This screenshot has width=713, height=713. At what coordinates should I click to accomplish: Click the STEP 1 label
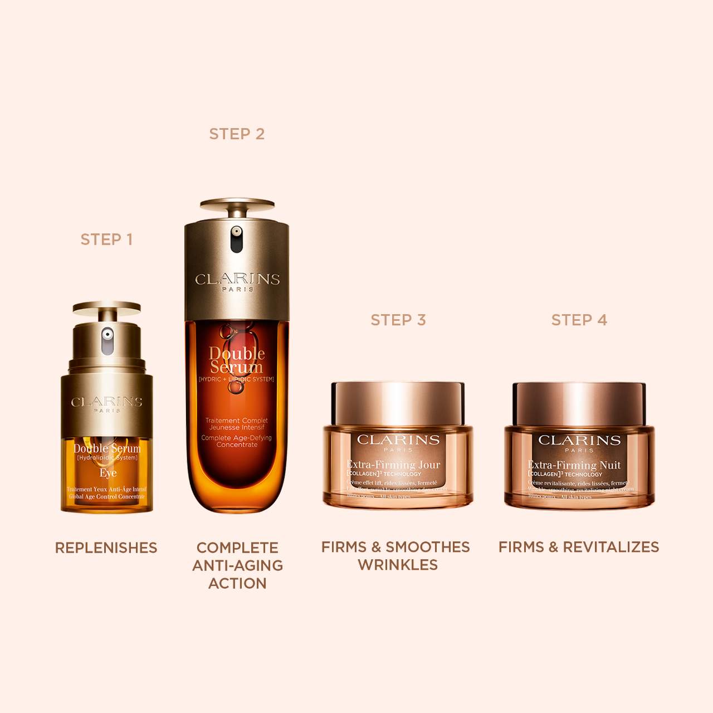coord(106,240)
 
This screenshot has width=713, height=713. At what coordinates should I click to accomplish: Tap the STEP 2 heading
coord(237,134)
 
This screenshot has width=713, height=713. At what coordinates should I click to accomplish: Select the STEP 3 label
coord(398,320)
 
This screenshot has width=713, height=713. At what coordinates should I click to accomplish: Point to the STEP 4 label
coord(579,320)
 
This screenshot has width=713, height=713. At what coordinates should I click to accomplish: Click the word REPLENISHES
coord(106,548)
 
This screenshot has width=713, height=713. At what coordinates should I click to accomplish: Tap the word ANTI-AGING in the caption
coord(237,565)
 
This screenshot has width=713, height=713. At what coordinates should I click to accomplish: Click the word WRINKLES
coord(397,565)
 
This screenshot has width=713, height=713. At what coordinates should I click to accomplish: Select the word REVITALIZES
coord(611,547)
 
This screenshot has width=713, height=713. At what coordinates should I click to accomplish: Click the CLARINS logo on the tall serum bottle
coord(237,279)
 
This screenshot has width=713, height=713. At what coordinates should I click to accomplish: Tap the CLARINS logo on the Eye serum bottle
coord(106,402)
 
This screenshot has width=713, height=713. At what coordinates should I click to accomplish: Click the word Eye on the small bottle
coord(108,473)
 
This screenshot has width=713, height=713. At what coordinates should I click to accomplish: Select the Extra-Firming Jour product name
coord(393,465)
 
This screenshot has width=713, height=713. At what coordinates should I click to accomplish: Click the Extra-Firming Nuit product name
coord(574,465)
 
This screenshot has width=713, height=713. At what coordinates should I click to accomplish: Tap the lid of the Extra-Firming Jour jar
coord(398,402)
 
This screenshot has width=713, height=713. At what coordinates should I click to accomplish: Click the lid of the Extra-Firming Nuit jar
coord(579,403)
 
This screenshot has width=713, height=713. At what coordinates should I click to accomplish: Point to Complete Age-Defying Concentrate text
coord(236,441)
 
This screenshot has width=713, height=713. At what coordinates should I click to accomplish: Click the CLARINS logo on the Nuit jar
coord(579,440)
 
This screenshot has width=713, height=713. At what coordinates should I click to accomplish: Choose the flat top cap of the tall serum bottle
coord(237,204)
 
